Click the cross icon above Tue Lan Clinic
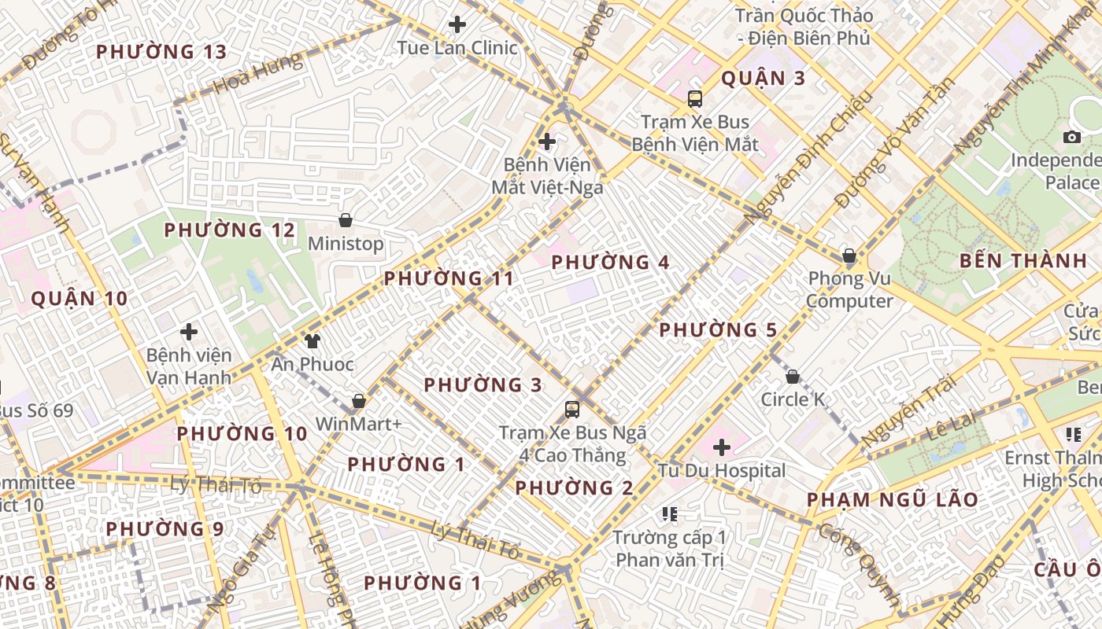457,24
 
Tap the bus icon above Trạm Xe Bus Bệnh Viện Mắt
695,99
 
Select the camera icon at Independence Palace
1072,138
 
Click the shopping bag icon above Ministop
345,220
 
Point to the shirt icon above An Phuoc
312,340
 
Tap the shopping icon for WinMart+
359,401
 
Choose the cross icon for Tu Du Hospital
722,447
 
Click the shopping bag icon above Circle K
793,377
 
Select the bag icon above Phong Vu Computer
849,256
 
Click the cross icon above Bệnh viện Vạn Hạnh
189,332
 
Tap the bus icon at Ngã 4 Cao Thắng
572,410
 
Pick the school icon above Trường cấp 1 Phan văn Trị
670,514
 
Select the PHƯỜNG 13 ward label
161,53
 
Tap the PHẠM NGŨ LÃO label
893,500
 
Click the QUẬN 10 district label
79,299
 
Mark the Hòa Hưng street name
257,73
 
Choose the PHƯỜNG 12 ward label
229,230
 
